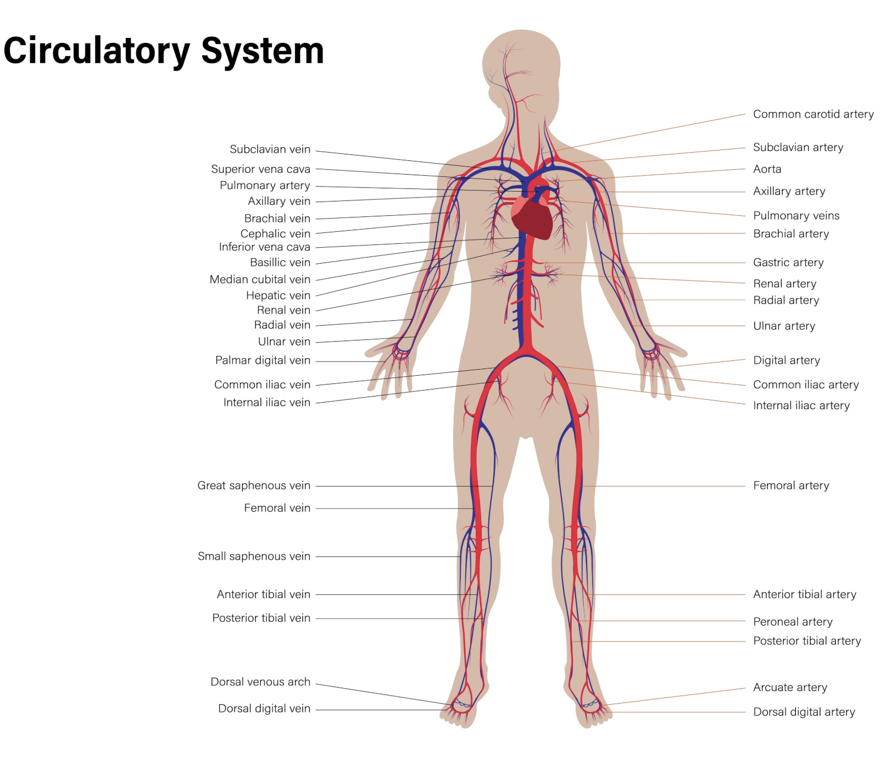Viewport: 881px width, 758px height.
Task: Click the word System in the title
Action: [263, 51]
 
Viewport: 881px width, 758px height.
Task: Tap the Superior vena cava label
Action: [260, 169]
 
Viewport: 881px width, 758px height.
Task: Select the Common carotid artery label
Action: [813, 114]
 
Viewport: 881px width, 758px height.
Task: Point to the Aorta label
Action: [767, 169]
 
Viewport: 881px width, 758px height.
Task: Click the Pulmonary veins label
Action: [796, 215]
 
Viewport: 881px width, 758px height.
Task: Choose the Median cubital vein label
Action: [260, 279]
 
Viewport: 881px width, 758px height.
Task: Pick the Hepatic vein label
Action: [278, 296]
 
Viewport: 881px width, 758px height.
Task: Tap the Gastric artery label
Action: [788, 263]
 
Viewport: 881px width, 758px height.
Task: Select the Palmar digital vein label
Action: [263, 360]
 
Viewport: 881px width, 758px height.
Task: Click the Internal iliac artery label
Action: [801, 405]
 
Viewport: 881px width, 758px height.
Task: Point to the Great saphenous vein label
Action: [254, 486]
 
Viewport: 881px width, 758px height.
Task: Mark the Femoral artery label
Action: [791, 486]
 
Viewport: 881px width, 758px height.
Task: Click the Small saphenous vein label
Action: [254, 556]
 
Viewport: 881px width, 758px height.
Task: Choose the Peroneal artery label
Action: [793, 622]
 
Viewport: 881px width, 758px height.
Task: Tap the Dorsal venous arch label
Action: [260, 682]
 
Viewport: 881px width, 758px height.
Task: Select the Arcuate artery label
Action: [790, 688]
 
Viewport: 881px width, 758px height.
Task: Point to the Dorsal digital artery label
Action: [804, 712]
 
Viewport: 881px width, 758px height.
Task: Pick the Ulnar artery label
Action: [784, 326]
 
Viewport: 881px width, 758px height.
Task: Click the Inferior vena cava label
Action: [264, 247]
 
